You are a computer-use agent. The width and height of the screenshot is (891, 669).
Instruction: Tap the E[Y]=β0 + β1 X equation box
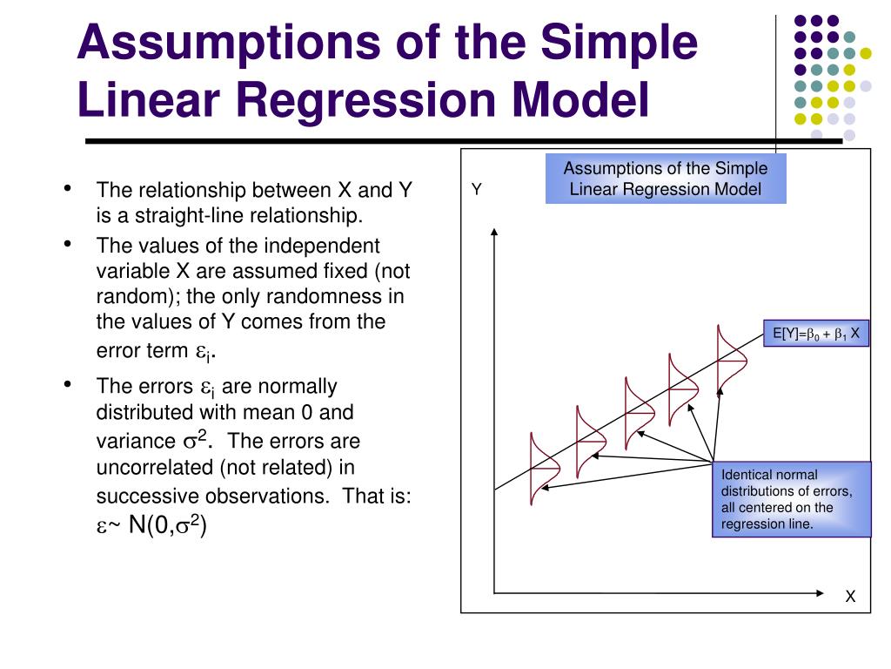coord(816,333)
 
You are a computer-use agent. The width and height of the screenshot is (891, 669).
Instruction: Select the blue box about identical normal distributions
coord(790,499)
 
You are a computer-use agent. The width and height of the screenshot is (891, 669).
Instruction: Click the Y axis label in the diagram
coord(476,189)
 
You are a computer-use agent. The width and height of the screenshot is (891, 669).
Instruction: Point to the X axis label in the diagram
coord(850,597)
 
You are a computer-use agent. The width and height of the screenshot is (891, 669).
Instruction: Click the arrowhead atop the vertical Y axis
coord(494,231)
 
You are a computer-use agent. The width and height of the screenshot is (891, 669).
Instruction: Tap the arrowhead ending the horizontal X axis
coord(821,592)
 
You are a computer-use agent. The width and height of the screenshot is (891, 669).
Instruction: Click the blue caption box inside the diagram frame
coord(666,179)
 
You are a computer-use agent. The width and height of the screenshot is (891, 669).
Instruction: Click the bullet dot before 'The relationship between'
coord(67,188)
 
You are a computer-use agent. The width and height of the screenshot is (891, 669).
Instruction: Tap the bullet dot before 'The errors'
coord(67,384)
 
